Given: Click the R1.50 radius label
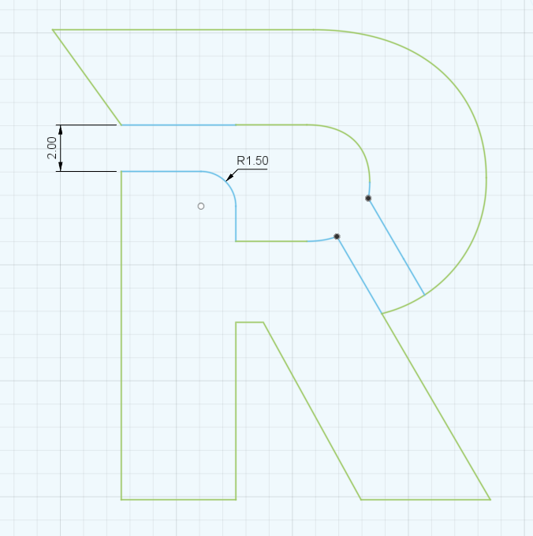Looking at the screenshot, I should click(x=253, y=161).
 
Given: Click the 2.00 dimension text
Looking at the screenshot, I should click(x=52, y=148).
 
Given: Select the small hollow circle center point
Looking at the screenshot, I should click(x=201, y=206).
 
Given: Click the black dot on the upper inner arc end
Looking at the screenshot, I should click(x=368, y=198).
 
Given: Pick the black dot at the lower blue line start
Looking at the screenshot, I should click(x=337, y=236).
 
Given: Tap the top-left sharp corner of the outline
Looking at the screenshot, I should click(x=53, y=29).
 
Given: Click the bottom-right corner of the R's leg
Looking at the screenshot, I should click(x=490, y=499).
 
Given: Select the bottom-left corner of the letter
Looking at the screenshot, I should click(x=121, y=499).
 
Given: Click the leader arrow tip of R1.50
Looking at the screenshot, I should click(x=228, y=180).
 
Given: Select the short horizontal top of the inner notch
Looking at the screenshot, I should click(x=250, y=322).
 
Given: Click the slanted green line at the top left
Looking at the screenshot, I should click(x=87, y=77).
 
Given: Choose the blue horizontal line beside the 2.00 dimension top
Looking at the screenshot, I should click(x=177, y=125).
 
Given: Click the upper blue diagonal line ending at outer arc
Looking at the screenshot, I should click(x=397, y=247).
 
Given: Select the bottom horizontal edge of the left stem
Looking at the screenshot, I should click(x=178, y=499).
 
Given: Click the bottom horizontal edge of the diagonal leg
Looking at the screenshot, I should click(x=426, y=499).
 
